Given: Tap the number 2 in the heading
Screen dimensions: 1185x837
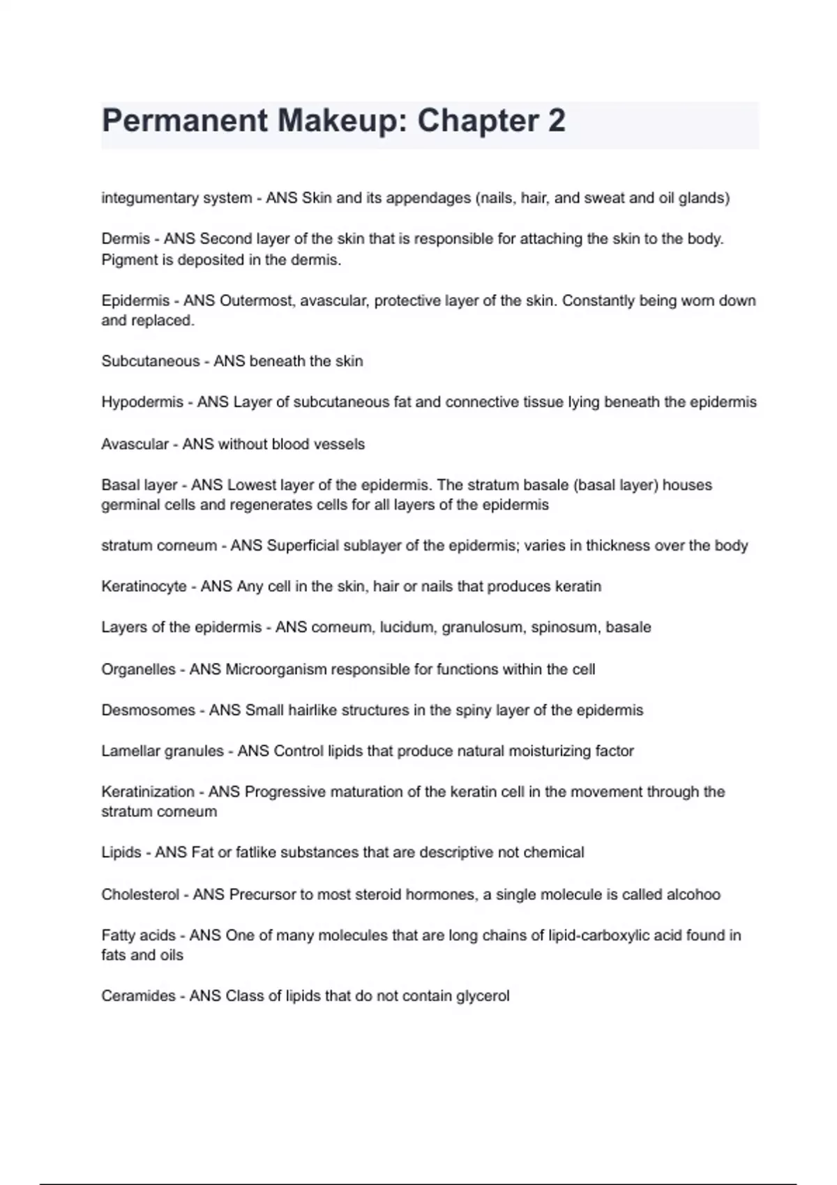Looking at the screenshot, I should pos(556,121).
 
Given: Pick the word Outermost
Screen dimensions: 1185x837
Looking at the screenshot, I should pos(257,300).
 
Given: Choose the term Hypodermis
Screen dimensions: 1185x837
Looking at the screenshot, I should pos(142,402).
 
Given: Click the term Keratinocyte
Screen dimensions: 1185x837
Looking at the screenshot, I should pos(144,586).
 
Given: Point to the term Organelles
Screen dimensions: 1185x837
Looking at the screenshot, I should pos(138,669).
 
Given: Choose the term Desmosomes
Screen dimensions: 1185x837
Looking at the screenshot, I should pos(148,710).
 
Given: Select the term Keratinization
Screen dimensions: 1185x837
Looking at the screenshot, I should pos(148,792).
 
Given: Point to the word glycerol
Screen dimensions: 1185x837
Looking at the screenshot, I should pos(483,996).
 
